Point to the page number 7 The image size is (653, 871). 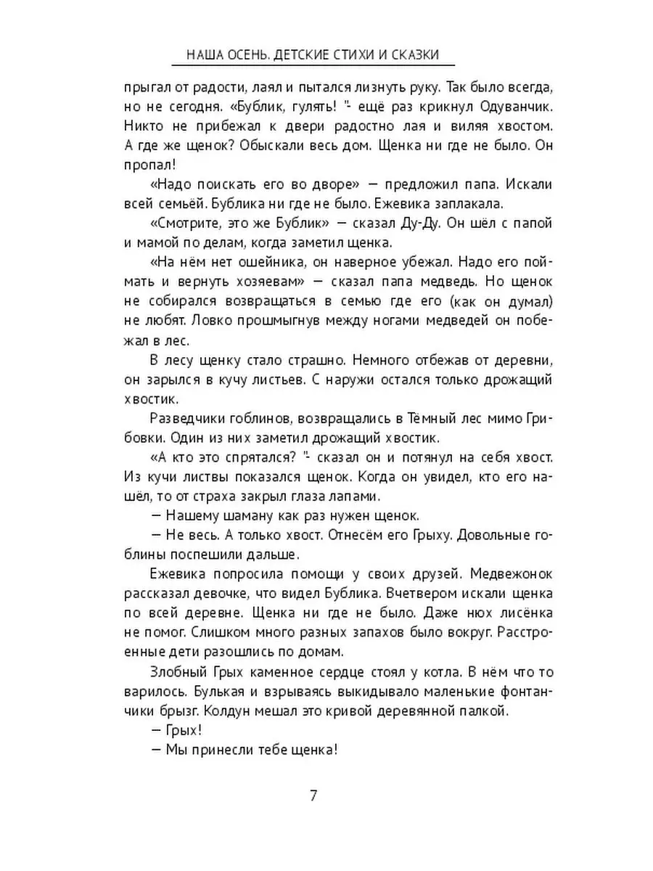[313, 795]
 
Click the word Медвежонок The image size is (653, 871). [508, 573]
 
